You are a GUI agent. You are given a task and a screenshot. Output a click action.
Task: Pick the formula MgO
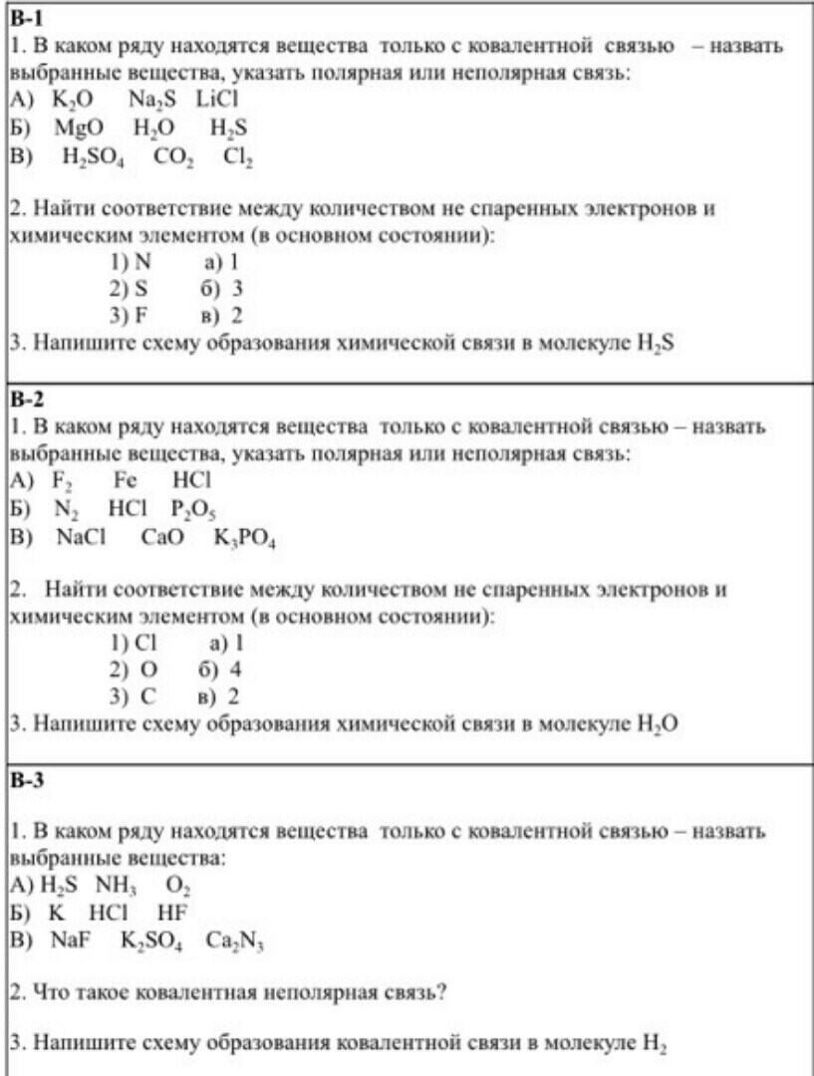79,128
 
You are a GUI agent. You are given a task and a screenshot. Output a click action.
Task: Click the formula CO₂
175,156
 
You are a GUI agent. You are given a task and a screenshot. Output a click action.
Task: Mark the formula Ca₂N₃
234,941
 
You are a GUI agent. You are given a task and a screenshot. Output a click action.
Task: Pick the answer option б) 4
221,669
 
